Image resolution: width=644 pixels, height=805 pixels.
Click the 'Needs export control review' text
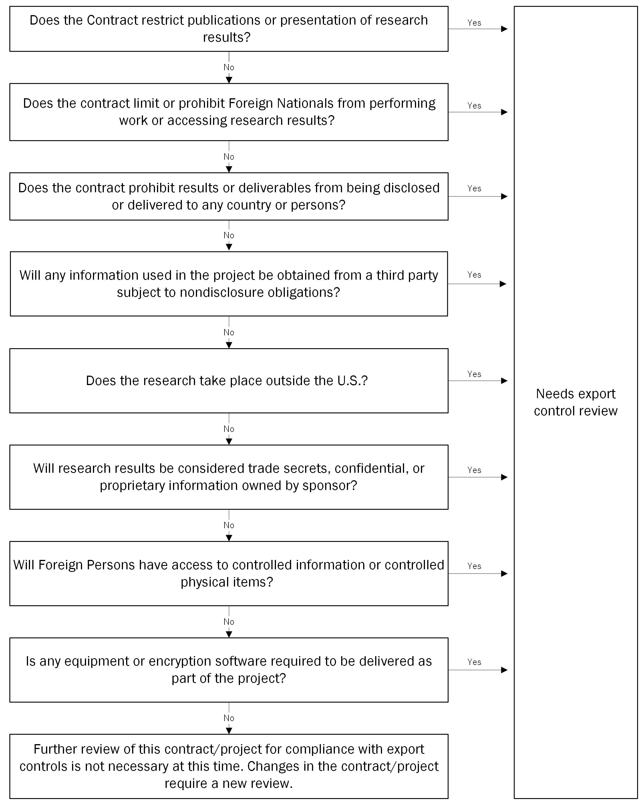(576, 402)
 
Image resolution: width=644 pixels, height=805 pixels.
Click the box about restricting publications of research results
(229, 29)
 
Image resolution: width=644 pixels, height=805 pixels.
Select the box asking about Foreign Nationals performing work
(229, 112)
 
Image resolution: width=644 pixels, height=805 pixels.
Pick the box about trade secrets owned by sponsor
(229, 477)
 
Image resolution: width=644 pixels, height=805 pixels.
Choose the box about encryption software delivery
(229, 670)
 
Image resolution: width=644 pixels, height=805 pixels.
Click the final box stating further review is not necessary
(229, 766)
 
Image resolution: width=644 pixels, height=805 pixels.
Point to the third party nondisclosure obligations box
(229, 284)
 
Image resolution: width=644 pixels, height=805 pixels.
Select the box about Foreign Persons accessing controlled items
(229, 574)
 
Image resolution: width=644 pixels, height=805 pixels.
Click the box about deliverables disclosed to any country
(229, 197)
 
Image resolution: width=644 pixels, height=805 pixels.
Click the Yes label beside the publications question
(474, 23)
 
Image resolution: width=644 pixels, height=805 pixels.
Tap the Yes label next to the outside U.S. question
(474, 374)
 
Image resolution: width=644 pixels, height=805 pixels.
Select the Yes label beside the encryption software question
(474, 662)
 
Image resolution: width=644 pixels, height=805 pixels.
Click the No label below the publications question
(229, 67)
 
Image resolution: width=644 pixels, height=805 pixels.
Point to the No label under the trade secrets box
(229, 525)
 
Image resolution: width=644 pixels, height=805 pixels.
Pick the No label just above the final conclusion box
(229, 718)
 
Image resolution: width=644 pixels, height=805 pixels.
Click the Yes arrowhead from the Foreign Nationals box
(504, 112)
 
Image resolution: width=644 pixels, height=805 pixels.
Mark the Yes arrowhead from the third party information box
(503, 284)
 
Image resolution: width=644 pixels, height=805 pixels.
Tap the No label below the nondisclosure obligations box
(229, 332)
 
